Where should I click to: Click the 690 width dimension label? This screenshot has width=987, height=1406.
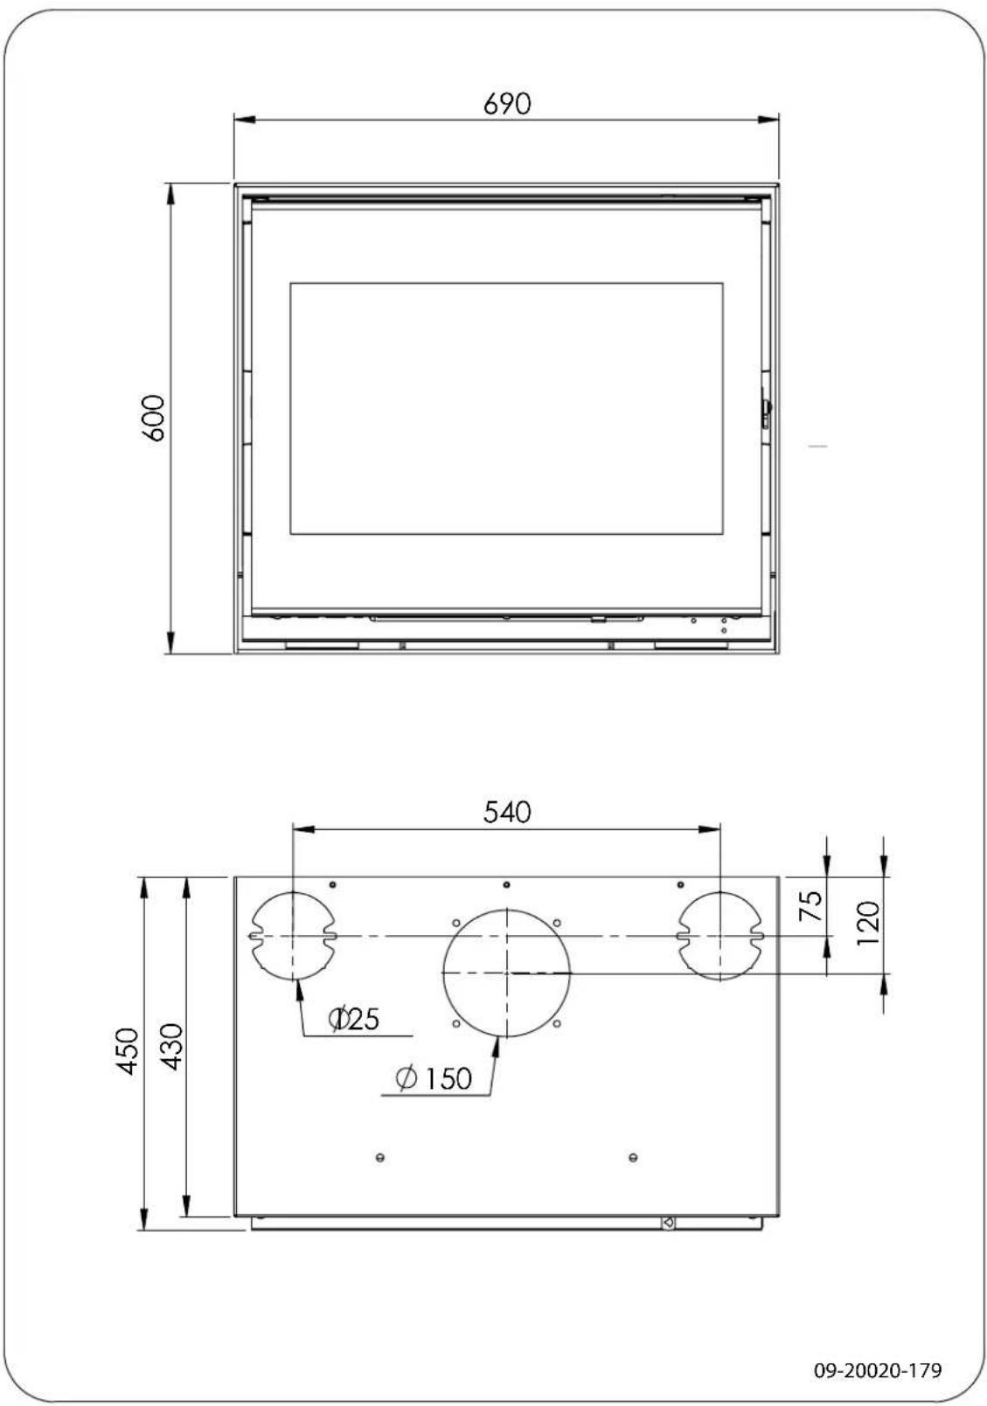click(507, 103)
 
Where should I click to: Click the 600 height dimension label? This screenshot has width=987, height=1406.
click(153, 418)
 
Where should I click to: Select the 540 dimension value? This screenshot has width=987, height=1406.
click(507, 812)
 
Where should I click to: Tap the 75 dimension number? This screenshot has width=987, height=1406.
click(812, 906)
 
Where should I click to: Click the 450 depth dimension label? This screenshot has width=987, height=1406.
click(128, 1051)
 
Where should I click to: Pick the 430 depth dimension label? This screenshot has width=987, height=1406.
click(172, 1046)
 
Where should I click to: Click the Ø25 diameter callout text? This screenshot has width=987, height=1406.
click(354, 1019)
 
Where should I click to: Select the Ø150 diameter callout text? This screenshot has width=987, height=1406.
click(434, 1079)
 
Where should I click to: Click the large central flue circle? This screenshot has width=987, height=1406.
click(507, 973)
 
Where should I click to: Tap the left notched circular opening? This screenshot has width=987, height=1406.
click(294, 936)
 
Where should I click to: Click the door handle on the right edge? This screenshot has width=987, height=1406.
click(766, 412)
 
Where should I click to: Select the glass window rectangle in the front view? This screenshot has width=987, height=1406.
click(506, 408)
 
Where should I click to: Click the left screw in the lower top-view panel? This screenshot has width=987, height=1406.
click(379, 1158)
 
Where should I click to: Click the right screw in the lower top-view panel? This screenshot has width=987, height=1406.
click(633, 1158)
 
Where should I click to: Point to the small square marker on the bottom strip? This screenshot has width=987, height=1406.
click(668, 1222)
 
